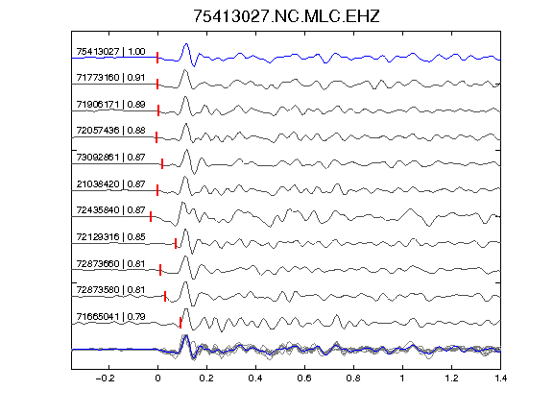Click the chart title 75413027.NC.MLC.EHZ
[286, 16]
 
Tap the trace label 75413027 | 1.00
[110, 52]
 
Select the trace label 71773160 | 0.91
[110, 77]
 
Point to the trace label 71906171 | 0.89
[110, 105]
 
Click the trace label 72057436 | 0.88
[110, 131]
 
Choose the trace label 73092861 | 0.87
[110, 157]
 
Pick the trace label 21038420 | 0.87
[110, 184]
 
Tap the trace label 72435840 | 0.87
[110, 210]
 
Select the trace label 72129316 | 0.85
[110, 236]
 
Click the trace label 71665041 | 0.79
[110, 317]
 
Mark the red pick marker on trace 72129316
[176, 243]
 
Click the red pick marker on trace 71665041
[180, 323]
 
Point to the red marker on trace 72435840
[151, 216]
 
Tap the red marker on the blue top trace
[157, 58]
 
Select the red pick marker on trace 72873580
[165, 297]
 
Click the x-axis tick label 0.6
[304, 378]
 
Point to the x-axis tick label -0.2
[106, 378]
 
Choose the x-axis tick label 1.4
[500, 378]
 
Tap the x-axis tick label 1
[402, 378]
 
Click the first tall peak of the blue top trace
[186, 44]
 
